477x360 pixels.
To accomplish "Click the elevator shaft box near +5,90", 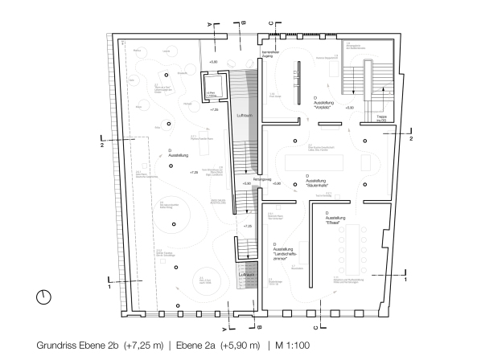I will [x=212, y=84].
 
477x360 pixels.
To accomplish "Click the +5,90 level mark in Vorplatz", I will [x=348, y=107].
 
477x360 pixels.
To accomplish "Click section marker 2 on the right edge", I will [x=411, y=139].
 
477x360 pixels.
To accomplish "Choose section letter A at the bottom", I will [x=224, y=329].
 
